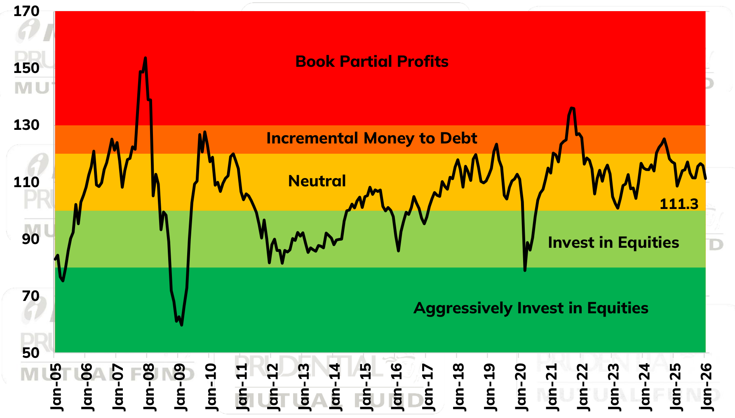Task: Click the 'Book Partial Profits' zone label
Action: pyautogui.click(x=372, y=61)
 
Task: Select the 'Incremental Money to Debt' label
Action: pyautogui.click(x=371, y=138)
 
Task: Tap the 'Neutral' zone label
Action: pyautogui.click(x=317, y=181)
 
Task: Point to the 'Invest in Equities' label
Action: pyautogui.click(x=613, y=242)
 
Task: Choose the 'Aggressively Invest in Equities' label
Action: pyautogui.click(x=531, y=308)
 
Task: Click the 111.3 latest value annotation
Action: pyautogui.click(x=679, y=204)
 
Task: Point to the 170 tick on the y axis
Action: pyautogui.click(x=26, y=11)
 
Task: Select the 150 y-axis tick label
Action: pyautogui.click(x=26, y=68)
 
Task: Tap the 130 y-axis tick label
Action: pyautogui.click(x=26, y=125)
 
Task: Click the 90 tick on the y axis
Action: pyautogui.click(x=31, y=239)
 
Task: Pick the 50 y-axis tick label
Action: pyautogui.click(x=31, y=353)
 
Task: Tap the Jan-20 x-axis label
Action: pyautogui.click(x=520, y=387)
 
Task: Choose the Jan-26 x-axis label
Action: pyautogui.click(x=706, y=387)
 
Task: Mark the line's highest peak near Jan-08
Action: pyautogui.click(x=146, y=58)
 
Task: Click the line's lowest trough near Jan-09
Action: pyautogui.click(x=182, y=325)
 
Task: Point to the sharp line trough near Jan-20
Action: pyautogui.click(x=525, y=270)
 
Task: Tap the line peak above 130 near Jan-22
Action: pyautogui.click(x=572, y=108)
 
